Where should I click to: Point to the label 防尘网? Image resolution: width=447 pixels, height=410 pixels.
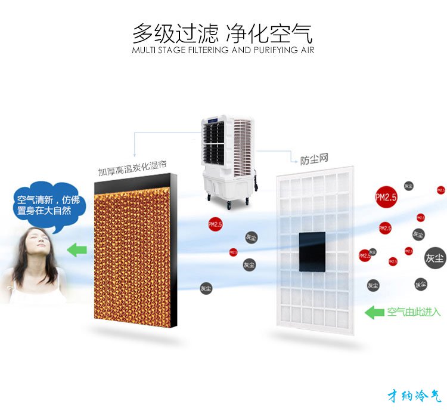[x=314, y=159]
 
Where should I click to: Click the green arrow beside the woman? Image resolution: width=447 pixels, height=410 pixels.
[x=76, y=249]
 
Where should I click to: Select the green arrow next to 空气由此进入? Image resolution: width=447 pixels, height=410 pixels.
[x=374, y=312]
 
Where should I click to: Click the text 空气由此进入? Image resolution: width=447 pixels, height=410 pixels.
[x=413, y=312]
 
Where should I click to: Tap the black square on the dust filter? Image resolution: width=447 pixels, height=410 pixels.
[x=312, y=250]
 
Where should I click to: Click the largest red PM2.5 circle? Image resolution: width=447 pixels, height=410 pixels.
[x=386, y=198]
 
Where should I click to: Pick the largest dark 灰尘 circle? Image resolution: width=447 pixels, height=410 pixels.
[x=434, y=258]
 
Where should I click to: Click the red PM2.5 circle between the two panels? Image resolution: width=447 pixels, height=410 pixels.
[x=215, y=224]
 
